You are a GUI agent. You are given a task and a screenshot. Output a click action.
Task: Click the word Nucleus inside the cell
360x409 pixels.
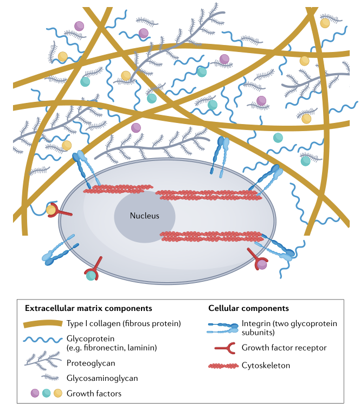click(x=144, y=216)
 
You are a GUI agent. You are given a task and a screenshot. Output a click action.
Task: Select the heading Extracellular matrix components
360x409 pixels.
click(x=88, y=308)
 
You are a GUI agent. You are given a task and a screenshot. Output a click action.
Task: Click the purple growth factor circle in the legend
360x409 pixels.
click(x=35, y=393)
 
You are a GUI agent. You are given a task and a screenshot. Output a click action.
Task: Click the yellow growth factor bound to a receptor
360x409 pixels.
click(x=51, y=209)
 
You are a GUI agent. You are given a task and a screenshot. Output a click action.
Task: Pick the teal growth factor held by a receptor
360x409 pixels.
click(x=91, y=275)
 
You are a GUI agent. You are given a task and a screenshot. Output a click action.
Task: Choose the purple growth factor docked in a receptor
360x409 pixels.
click(x=262, y=264)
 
